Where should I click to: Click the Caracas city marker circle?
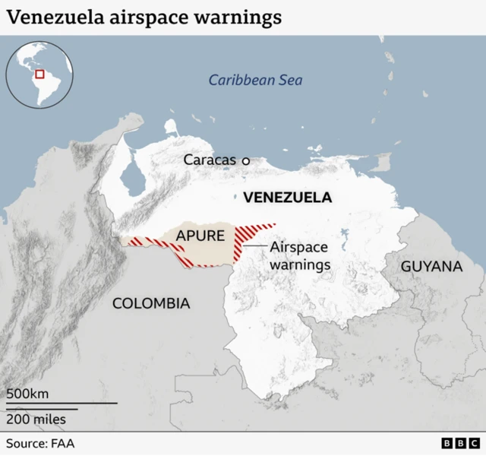(x=245, y=160)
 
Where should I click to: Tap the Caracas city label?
(x=210, y=160)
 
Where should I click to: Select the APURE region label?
(x=200, y=236)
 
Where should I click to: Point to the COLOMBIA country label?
(x=150, y=303)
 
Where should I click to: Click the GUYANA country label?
(x=431, y=266)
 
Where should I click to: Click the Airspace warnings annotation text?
(x=300, y=255)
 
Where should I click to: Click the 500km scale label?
(x=28, y=394)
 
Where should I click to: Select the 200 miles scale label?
(x=36, y=419)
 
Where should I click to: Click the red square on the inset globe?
(x=40, y=74)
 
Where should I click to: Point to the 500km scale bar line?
(x=62, y=403)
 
